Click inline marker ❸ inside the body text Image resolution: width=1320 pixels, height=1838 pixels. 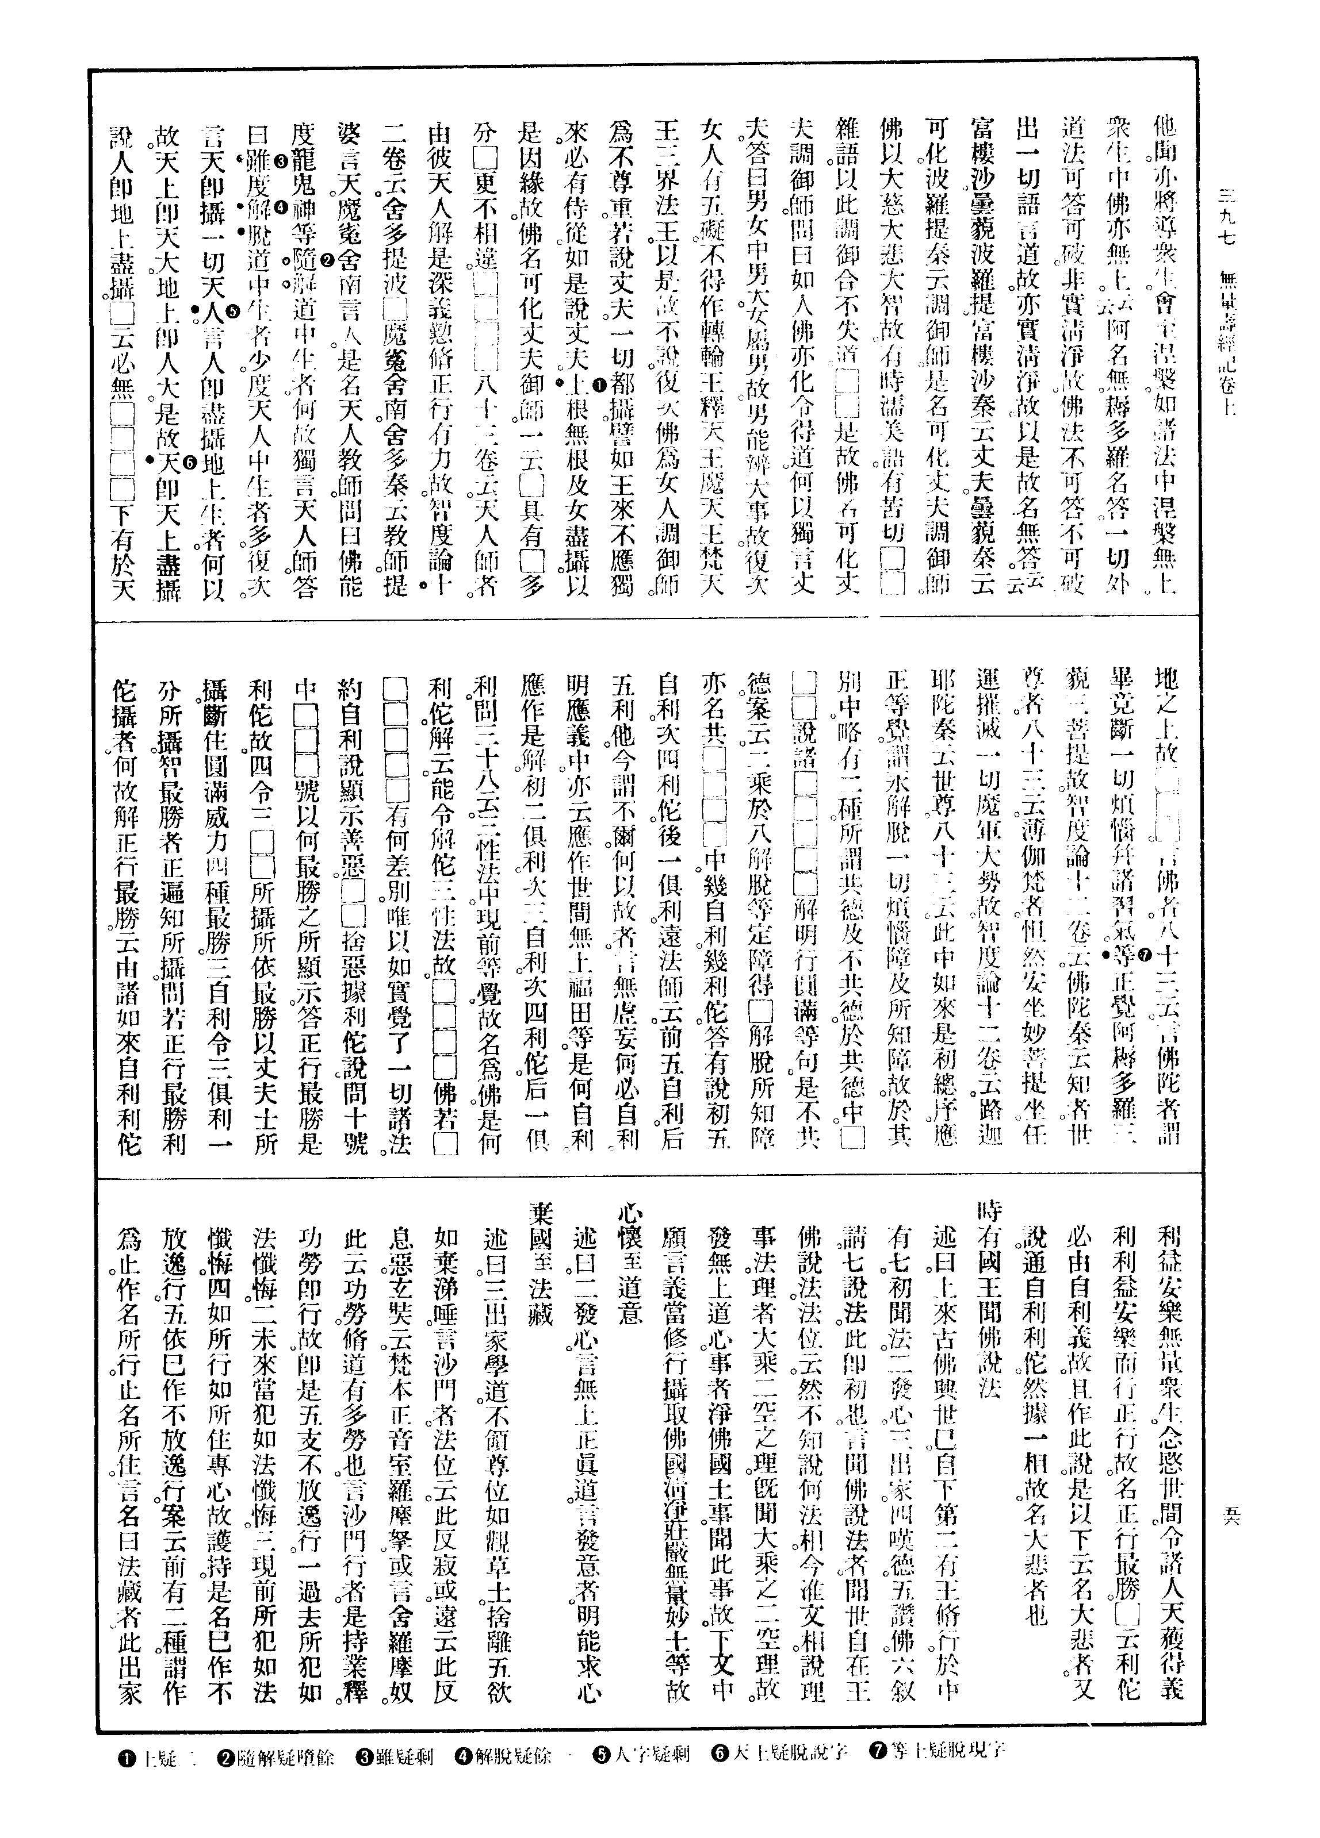pyautogui.click(x=280, y=162)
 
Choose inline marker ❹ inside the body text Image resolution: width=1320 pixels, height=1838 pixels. pyautogui.click(x=280, y=207)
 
